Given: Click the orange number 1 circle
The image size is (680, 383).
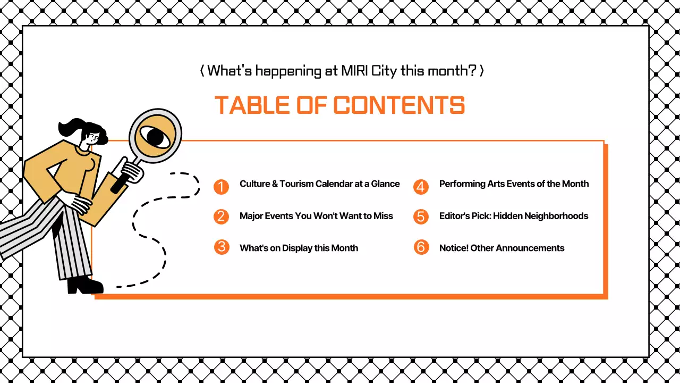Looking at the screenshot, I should [221, 187].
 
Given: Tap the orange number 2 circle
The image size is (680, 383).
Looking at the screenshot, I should [221, 217].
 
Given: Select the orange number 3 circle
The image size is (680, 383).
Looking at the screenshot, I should [221, 247].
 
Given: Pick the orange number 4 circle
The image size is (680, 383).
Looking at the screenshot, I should [421, 187].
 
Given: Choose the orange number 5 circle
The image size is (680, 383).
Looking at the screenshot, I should [421, 217].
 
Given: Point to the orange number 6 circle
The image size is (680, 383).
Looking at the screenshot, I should [421, 247].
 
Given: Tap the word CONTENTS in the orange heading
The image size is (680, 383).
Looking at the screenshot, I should [399, 105].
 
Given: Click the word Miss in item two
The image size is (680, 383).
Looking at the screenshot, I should [383, 216].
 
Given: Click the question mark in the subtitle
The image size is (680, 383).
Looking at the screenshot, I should [471, 70].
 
